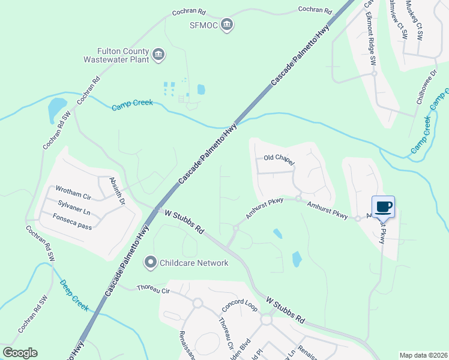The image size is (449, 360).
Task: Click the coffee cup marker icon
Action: tap(383, 207)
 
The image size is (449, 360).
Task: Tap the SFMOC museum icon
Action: tap(227, 25)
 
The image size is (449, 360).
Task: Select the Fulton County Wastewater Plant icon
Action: tap(158, 55)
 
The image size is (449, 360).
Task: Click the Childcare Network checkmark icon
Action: tap(150, 262)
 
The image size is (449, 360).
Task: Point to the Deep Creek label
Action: tap(73, 296)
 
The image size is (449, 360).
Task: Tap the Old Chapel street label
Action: tap(279, 158)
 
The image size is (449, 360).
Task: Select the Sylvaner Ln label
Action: tap(74, 203)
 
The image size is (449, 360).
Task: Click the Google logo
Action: tap(20, 353)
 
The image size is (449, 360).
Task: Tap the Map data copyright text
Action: tap(423, 355)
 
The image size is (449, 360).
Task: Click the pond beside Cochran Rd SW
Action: tap(57, 109)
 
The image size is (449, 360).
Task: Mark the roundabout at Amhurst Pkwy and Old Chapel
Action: tap(298, 199)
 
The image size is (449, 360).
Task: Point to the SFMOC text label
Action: tap(202, 25)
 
